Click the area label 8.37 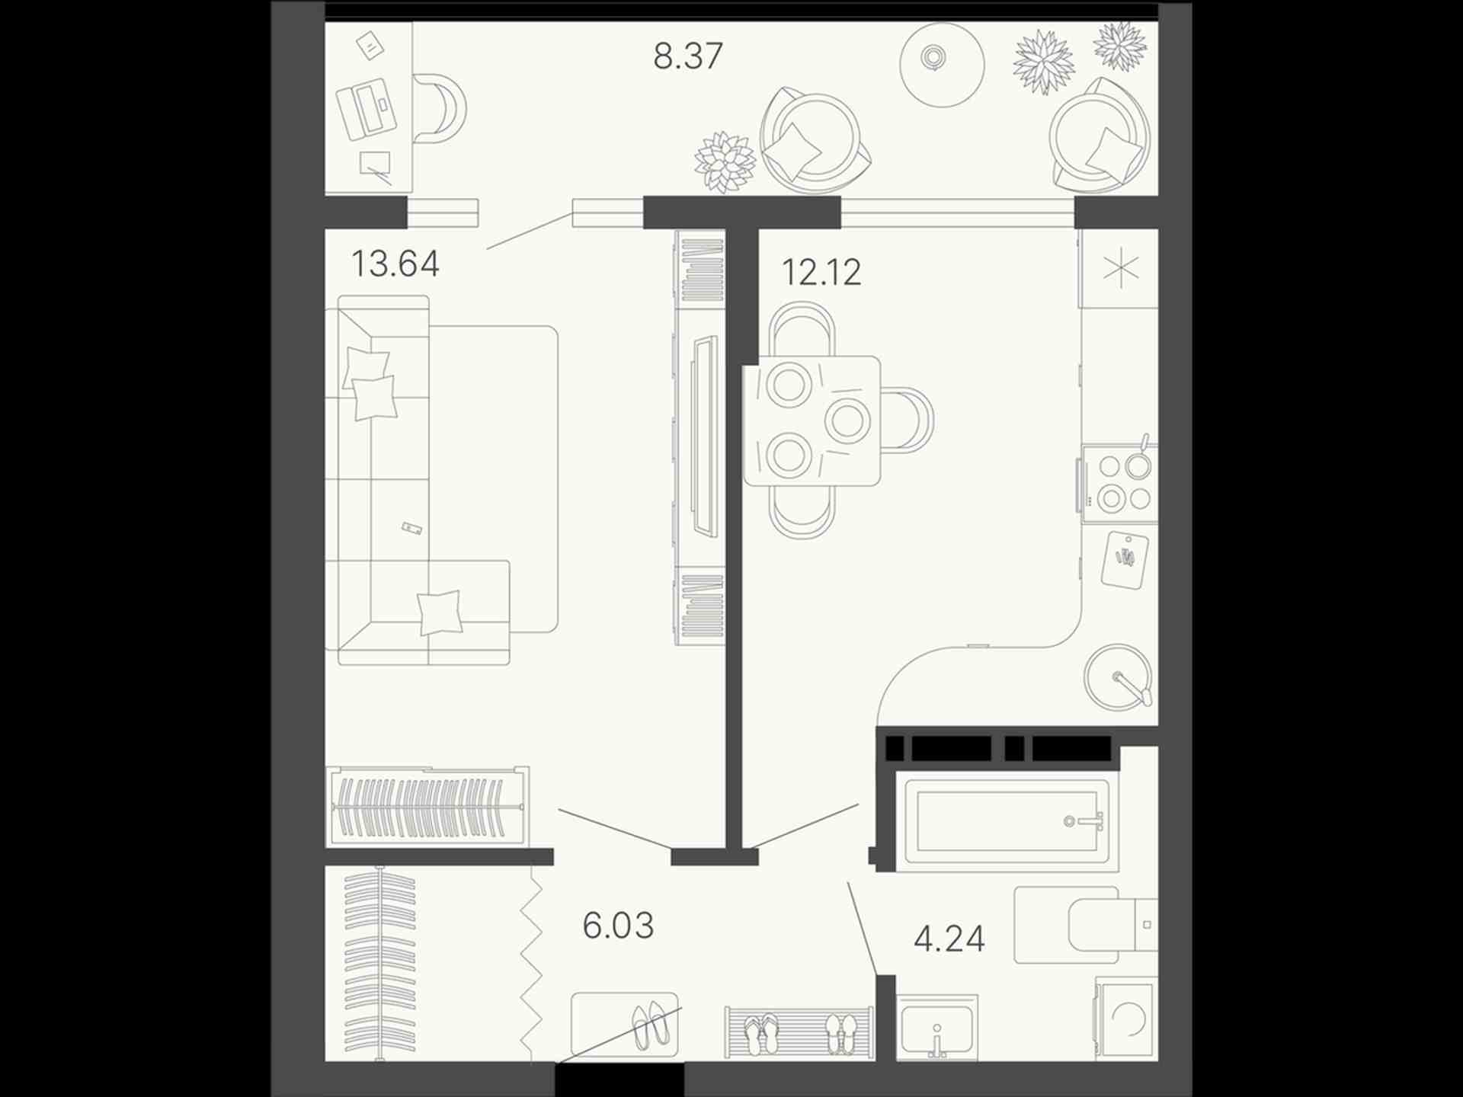click(687, 56)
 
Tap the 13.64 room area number click(395, 264)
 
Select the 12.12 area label click(821, 272)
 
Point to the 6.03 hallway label click(618, 926)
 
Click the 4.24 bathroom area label click(949, 939)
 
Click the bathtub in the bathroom click(1008, 822)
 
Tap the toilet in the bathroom click(1086, 925)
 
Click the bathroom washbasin click(937, 1028)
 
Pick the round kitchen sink click(1119, 677)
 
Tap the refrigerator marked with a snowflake click(1119, 269)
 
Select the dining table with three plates click(812, 421)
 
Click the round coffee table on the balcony click(942, 64)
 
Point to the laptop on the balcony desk click(367, 109)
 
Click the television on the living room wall click(705, 437)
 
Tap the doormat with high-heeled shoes click(624, 1025)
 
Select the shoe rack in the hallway click(799, 1032)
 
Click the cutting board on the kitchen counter click(1125, 560)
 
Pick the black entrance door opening click(619, 1079)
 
